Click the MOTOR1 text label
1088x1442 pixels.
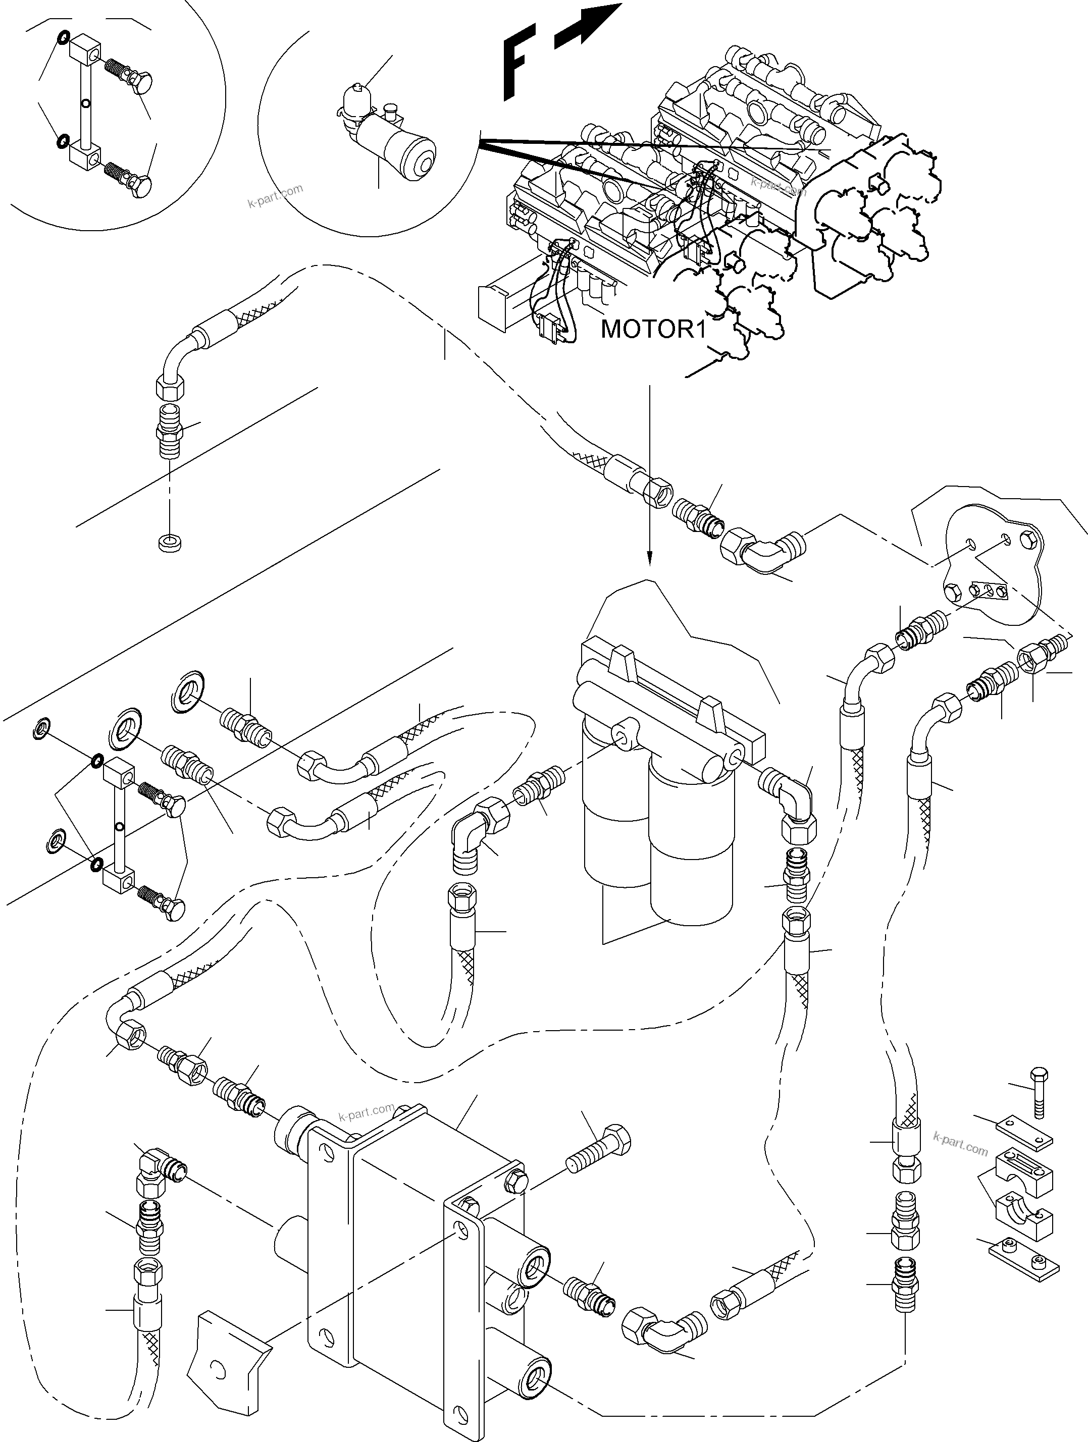point(653,329)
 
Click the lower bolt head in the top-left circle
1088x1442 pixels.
point(139,185)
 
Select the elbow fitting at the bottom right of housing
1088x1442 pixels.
point(658,1329)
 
